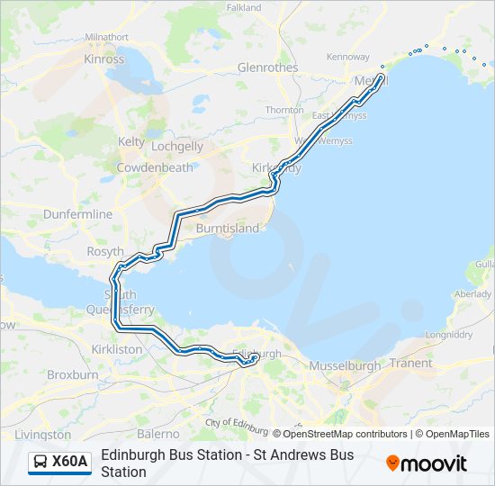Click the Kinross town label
click(103, 59)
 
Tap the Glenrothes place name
click(267, 67)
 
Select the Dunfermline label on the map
click(78, 214)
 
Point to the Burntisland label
click(228, 229)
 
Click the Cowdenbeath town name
click(154, 167)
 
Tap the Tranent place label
click(410, 363)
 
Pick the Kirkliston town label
click(117, 348)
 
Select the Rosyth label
click(105, 253)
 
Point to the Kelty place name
click(131, 142)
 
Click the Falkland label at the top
click(244, 7)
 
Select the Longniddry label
click(448, 335)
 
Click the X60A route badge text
click(70, 463)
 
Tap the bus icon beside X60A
click(41, 463)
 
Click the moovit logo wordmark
click(434, 463)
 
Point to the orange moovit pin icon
click(392, 463)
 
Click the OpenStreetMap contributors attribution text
click(345, 434)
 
